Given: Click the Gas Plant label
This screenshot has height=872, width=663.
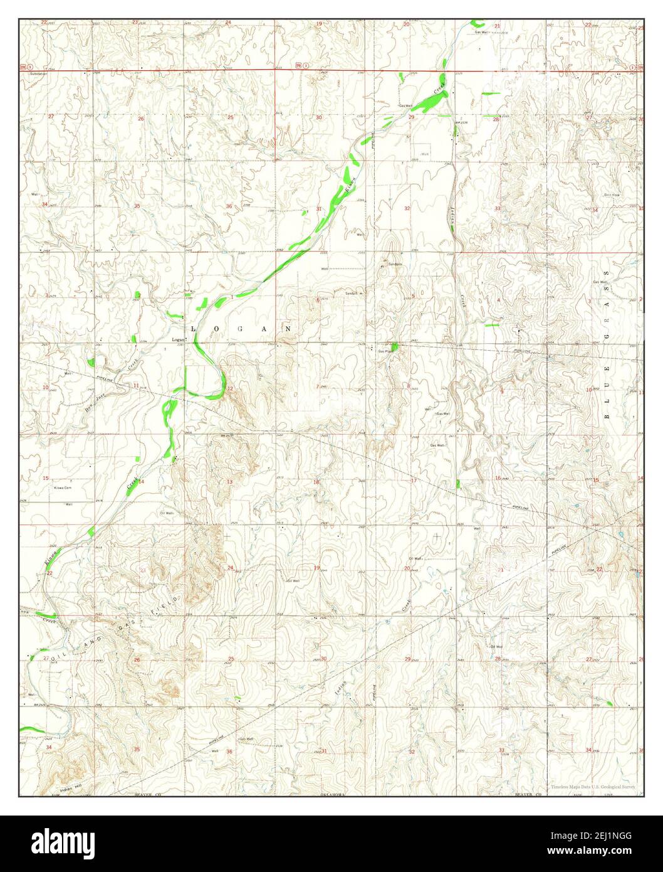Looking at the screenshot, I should (x=385, y=351).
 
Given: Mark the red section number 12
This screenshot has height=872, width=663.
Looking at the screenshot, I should (x=230, y=389).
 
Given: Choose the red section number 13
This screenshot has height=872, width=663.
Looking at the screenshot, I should (x=229, y=482).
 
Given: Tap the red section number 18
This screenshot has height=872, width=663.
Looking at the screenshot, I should (x=316, y=482).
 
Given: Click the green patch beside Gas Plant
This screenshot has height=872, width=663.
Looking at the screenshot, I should (x=394, y=346).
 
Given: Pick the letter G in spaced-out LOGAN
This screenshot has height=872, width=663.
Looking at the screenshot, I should (x=239, y=329).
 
